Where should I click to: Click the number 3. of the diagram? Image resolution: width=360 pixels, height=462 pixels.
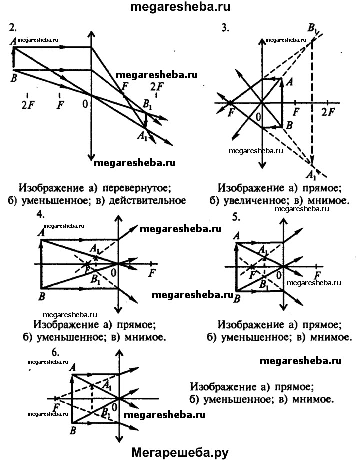click(x=225, y=28)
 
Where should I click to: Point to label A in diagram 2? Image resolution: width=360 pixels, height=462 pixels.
click(x=12, y=43)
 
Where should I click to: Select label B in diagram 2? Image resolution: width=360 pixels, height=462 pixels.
click(x=13, y=77)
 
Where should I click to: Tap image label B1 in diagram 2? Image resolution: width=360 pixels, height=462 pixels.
click(x=146, y=105)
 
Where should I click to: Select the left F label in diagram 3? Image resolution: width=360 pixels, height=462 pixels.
click(x=231, y=113)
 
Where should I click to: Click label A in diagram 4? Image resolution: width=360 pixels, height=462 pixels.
click(x=41, y=231)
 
